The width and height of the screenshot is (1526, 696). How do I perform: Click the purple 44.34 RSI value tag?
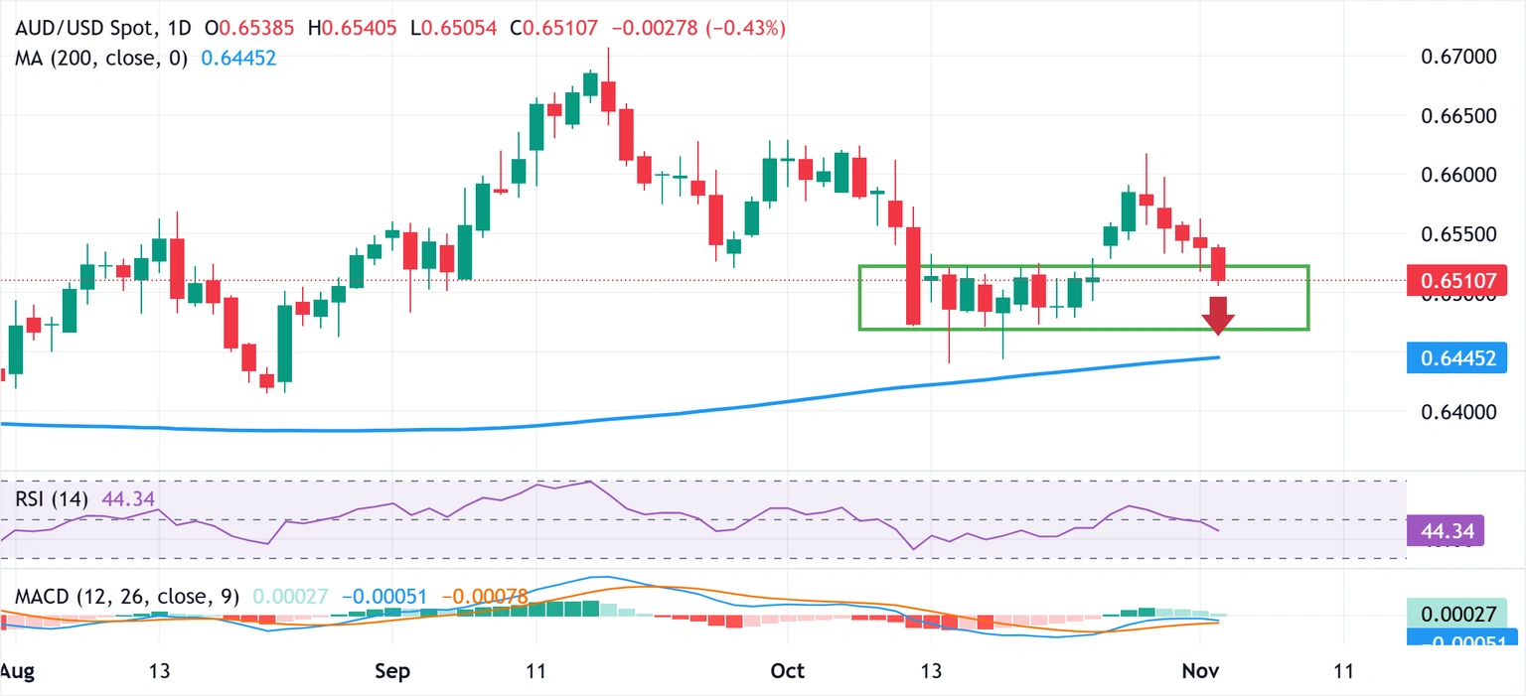point(1446,531)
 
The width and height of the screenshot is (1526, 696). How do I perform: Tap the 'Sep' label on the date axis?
point(393,670)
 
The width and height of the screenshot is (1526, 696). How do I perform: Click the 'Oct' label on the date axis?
point(787,670)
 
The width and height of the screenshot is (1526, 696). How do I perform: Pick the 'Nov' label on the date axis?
point(1198,670)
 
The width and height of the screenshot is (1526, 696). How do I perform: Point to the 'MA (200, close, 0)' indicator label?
point(101,59)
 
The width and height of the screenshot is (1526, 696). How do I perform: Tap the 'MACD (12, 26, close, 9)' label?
point(127,598)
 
